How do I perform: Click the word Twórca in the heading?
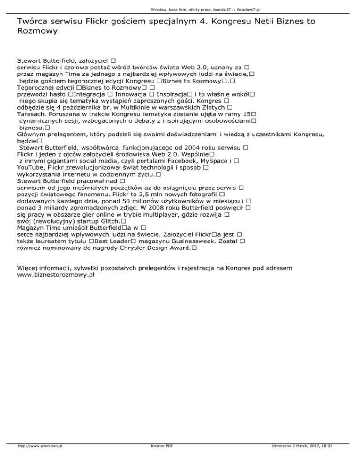pos(33,21)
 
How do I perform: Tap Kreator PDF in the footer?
pos(159,459)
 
